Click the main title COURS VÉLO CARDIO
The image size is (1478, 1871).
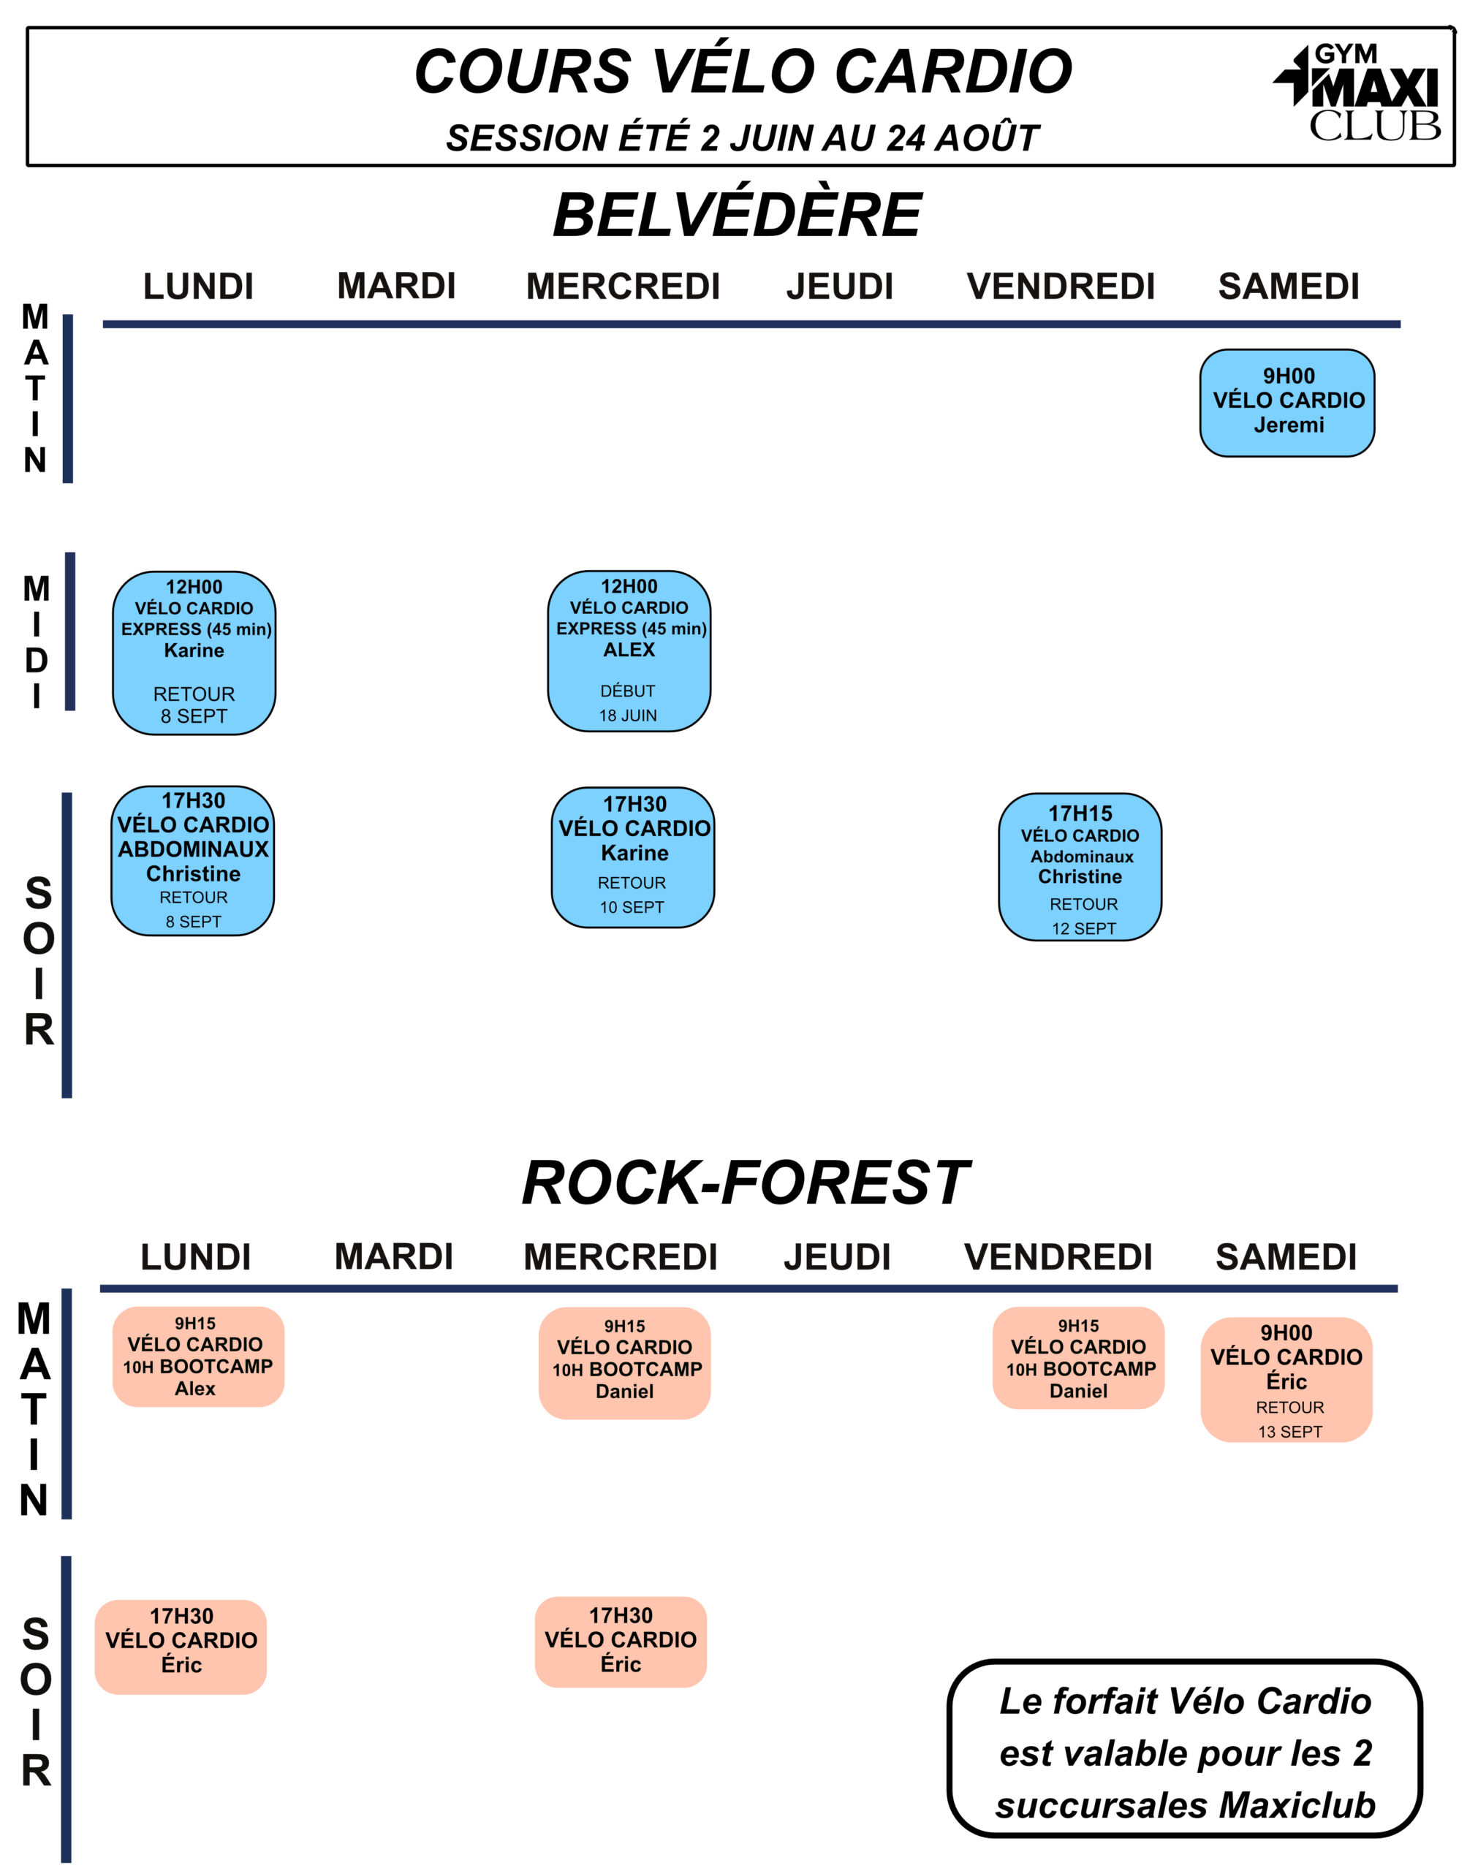[x=743, y=71]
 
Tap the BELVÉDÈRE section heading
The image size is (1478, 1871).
[x=738, y=215]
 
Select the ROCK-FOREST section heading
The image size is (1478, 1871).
[x=745, y=1183]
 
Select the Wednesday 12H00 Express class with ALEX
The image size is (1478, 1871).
[x=629, y=651]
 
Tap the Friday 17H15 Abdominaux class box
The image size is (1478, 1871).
[x=1080, y=867]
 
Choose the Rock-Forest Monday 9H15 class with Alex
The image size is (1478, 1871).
[x=198, y=1356]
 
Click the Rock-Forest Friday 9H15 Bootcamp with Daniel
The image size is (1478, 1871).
[x=1078, y=1358]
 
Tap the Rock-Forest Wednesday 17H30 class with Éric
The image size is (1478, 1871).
[x=621, y=1641]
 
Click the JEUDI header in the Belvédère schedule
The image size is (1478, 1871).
[x=839, y=286]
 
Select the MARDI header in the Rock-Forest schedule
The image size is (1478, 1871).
[x=394, y=1257]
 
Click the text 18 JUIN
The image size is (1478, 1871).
[x=628, y=716]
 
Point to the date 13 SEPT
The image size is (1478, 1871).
[x=1290, y=1432]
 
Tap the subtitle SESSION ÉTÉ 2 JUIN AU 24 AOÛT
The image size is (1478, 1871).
[x=743, y=137]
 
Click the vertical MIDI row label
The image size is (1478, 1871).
[x=37, y=642]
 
